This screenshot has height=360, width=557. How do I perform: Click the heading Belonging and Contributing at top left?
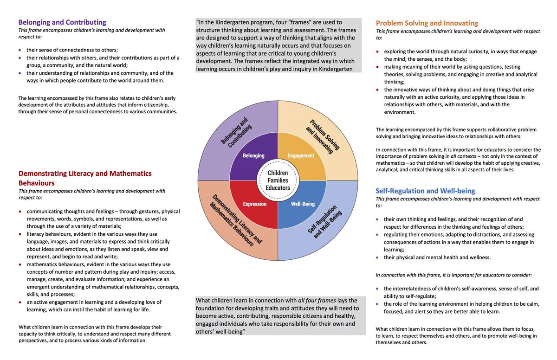[x=62, y=22]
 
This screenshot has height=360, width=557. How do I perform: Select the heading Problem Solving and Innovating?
[x=427, y=23]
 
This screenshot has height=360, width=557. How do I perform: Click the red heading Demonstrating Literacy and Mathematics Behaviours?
[x=85, y=178]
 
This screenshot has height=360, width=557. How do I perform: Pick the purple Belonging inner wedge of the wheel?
[x=253, y=155]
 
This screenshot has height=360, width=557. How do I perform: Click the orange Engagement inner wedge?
[x=301, y=155]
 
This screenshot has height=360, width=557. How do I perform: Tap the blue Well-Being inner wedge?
[x=303, y=204]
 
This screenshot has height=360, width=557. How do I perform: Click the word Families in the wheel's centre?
[x=278, y=180]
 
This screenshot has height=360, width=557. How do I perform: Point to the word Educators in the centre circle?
[x=278, y=188]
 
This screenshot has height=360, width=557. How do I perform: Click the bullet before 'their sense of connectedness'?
[x=19, y=50]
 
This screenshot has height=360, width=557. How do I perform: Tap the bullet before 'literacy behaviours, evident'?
[x=19, y=234]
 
